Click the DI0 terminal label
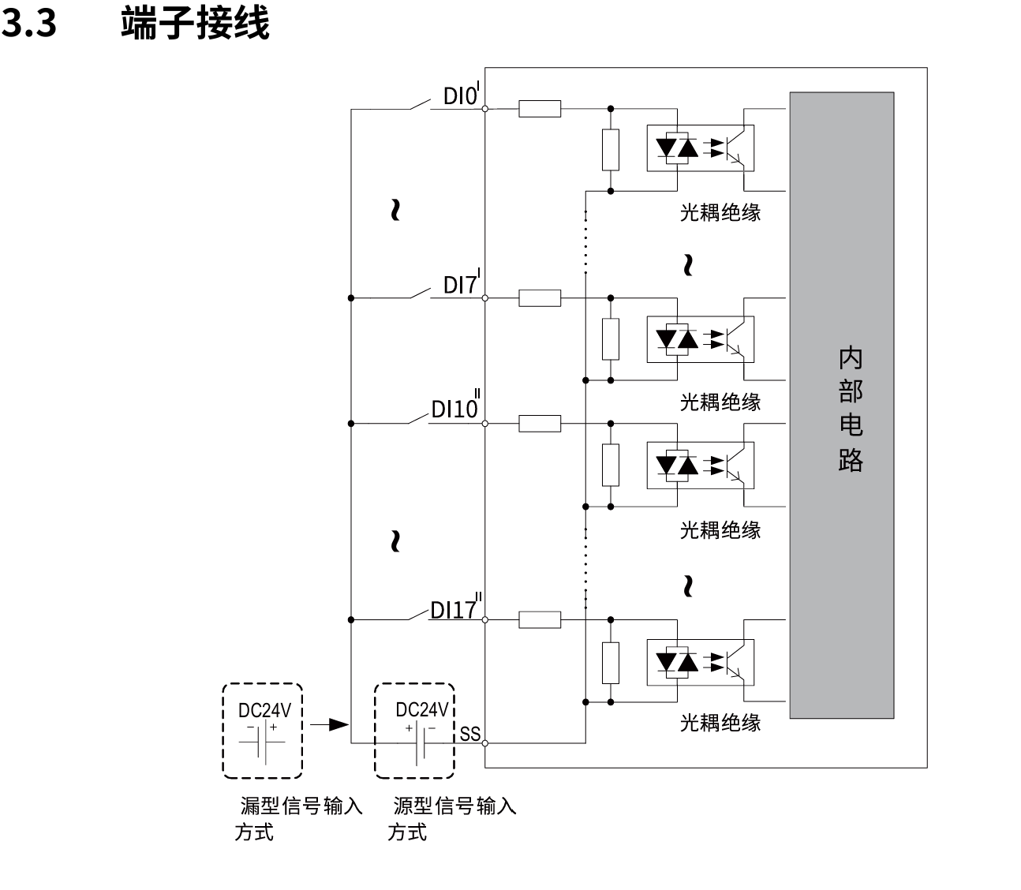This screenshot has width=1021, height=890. tap(462, 96)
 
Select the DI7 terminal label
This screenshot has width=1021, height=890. tap(462, 285)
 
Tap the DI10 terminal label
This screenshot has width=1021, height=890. tap(455, 409)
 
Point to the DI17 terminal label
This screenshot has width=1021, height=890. tap(455, 609)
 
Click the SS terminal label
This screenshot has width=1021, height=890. tap(470, 735)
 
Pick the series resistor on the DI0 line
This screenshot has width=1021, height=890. tap(540, 109)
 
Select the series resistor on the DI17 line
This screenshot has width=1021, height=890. tap(540, 620)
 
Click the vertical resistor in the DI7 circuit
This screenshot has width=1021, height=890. tap(611, 339)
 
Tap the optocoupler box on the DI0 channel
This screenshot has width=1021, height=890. tap(701, 148)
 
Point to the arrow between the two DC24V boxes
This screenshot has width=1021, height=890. tap(329, 724)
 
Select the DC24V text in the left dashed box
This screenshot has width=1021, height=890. tap(264, 710)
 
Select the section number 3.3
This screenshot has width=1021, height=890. tap(29, 24)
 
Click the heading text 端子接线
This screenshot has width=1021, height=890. tap(195, 24)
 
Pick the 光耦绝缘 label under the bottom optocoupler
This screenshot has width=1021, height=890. tap(720, 723)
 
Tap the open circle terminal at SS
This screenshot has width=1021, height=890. tap(485, 742)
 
